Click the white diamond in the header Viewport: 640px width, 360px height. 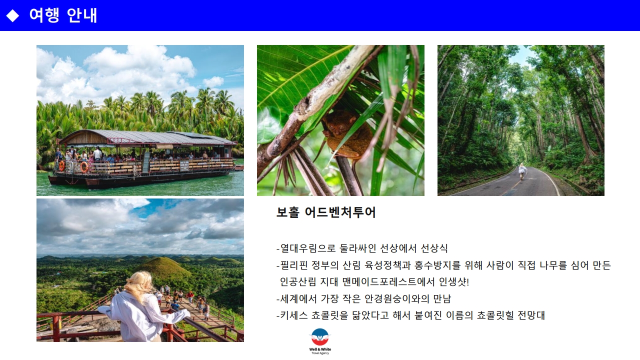click(12, 15)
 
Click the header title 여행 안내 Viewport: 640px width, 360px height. click(63, 15)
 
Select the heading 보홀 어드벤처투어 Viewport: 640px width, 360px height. click(326, 212)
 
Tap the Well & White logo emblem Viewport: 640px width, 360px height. click(320, 337)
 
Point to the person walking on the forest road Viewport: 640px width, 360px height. click(522, 171)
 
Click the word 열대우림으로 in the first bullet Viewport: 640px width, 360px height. click(307, 248)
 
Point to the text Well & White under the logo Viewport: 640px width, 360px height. click(320, 349)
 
